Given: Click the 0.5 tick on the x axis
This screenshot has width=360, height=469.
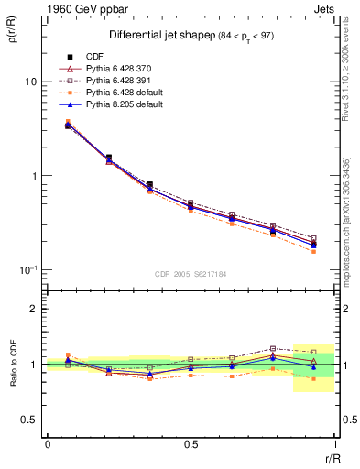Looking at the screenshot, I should coord(191,444).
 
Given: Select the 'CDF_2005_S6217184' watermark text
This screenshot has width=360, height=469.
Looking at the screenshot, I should coord(191,273).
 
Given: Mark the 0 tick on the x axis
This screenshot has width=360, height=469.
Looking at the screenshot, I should coord(48,444).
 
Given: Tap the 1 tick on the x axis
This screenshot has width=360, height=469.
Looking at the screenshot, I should coord(333,444).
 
